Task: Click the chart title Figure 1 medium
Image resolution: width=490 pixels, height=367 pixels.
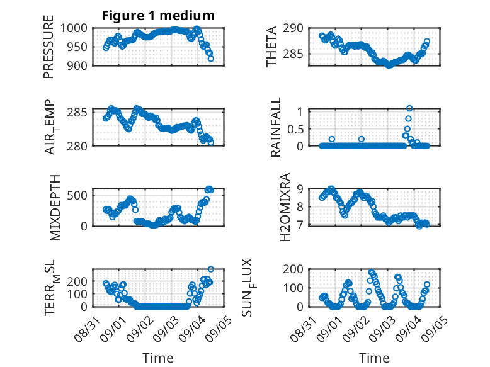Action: [x=158, y=16]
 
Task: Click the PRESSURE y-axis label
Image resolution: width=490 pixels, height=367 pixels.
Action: [x=48, y=47]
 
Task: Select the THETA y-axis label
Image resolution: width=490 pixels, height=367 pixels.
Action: [x=271, y=47]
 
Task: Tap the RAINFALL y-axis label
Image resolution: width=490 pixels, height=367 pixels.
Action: [x=276, y=127]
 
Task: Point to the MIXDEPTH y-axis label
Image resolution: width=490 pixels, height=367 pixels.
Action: [x=55, y=208]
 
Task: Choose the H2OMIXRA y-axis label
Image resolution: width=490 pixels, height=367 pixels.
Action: [x=285, y=207]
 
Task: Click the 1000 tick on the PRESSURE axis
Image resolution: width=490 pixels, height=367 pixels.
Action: [x=74, y=28]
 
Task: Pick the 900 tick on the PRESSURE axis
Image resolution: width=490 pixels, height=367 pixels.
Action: [x=77, y=66]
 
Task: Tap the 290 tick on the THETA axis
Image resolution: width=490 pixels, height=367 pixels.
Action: [x=293, y=28]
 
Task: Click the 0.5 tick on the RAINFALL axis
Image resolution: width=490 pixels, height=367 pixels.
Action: [x=295, y=128]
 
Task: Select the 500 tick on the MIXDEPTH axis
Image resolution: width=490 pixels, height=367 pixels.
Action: [x=77, y=196]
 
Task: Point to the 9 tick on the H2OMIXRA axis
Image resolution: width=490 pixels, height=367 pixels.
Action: [x=300, y=189]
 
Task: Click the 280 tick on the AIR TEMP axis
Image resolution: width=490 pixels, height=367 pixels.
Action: [x=77, y=146]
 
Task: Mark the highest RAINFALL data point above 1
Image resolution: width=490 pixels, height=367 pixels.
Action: [x=409, y=108]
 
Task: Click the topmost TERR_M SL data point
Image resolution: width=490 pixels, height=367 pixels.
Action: [x=210, y=269]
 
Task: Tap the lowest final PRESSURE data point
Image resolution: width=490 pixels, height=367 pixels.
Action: [x=211, y=59]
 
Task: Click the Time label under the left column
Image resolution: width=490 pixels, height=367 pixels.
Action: [x=158, y=358]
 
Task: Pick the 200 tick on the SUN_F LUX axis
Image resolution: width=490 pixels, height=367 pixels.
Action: [x=293, y=269]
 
